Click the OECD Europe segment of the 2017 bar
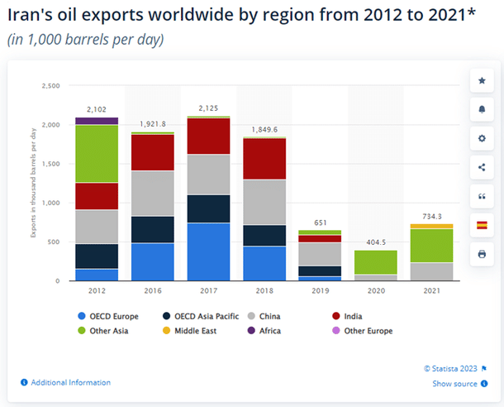coord(208,251)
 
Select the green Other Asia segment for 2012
coord(97,153)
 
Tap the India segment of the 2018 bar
coord(264,158)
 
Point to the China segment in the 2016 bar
coord(152,194)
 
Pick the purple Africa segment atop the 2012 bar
coord(97,121)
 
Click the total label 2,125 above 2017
coord(208,109)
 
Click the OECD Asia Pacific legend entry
coord(207,316)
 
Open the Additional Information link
coord(69,382)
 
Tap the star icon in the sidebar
coord(482,81)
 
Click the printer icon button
coord(482,254)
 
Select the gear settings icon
coord(482,139)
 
